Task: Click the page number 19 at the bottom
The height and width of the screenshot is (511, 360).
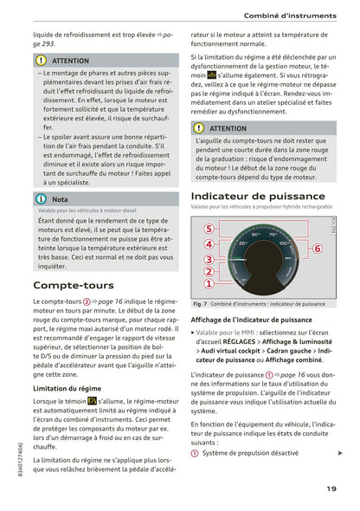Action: [x=331, y=488]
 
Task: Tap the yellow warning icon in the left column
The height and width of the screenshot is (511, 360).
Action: [x=42, y=61]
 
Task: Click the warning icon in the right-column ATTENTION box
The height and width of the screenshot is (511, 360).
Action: [x=199, y=128]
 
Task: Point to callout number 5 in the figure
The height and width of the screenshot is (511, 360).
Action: [x=209, y=229]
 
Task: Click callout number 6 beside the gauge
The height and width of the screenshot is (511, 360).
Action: [x=317, y=249]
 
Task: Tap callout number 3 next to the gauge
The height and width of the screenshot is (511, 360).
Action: [x=209, y=259]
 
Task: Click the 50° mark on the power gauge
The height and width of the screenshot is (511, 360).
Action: [x=256, y=234]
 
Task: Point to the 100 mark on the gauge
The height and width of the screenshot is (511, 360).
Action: [x=285, y=243]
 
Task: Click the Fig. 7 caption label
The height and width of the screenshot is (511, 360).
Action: [x=199, y=304]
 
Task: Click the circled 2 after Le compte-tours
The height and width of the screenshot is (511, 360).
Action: [x=87, y=301]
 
